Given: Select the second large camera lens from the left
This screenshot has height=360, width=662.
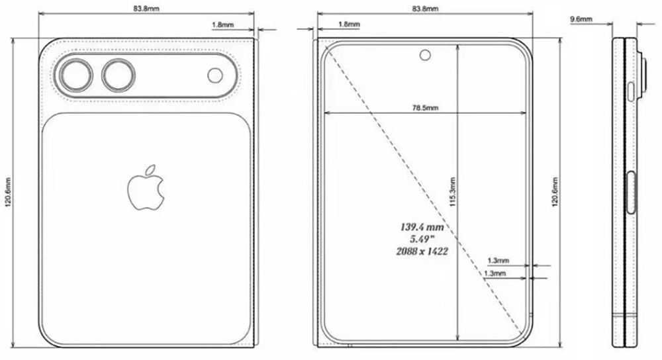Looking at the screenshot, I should pos(118,75).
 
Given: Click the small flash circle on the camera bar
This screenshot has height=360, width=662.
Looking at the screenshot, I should pos(215,75).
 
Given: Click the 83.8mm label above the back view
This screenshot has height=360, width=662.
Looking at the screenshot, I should pos(146,9).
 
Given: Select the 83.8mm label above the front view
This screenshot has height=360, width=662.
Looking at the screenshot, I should pos(424,9).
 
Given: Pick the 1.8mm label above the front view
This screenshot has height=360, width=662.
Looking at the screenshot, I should pos(349,24).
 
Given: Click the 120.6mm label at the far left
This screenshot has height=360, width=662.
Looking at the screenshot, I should pos(7,191).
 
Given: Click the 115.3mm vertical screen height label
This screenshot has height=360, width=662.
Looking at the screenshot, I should pos(451,192).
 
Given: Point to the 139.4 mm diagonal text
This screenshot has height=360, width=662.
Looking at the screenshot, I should pos(421,226).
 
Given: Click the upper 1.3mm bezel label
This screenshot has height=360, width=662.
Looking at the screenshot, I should pos(497,260).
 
